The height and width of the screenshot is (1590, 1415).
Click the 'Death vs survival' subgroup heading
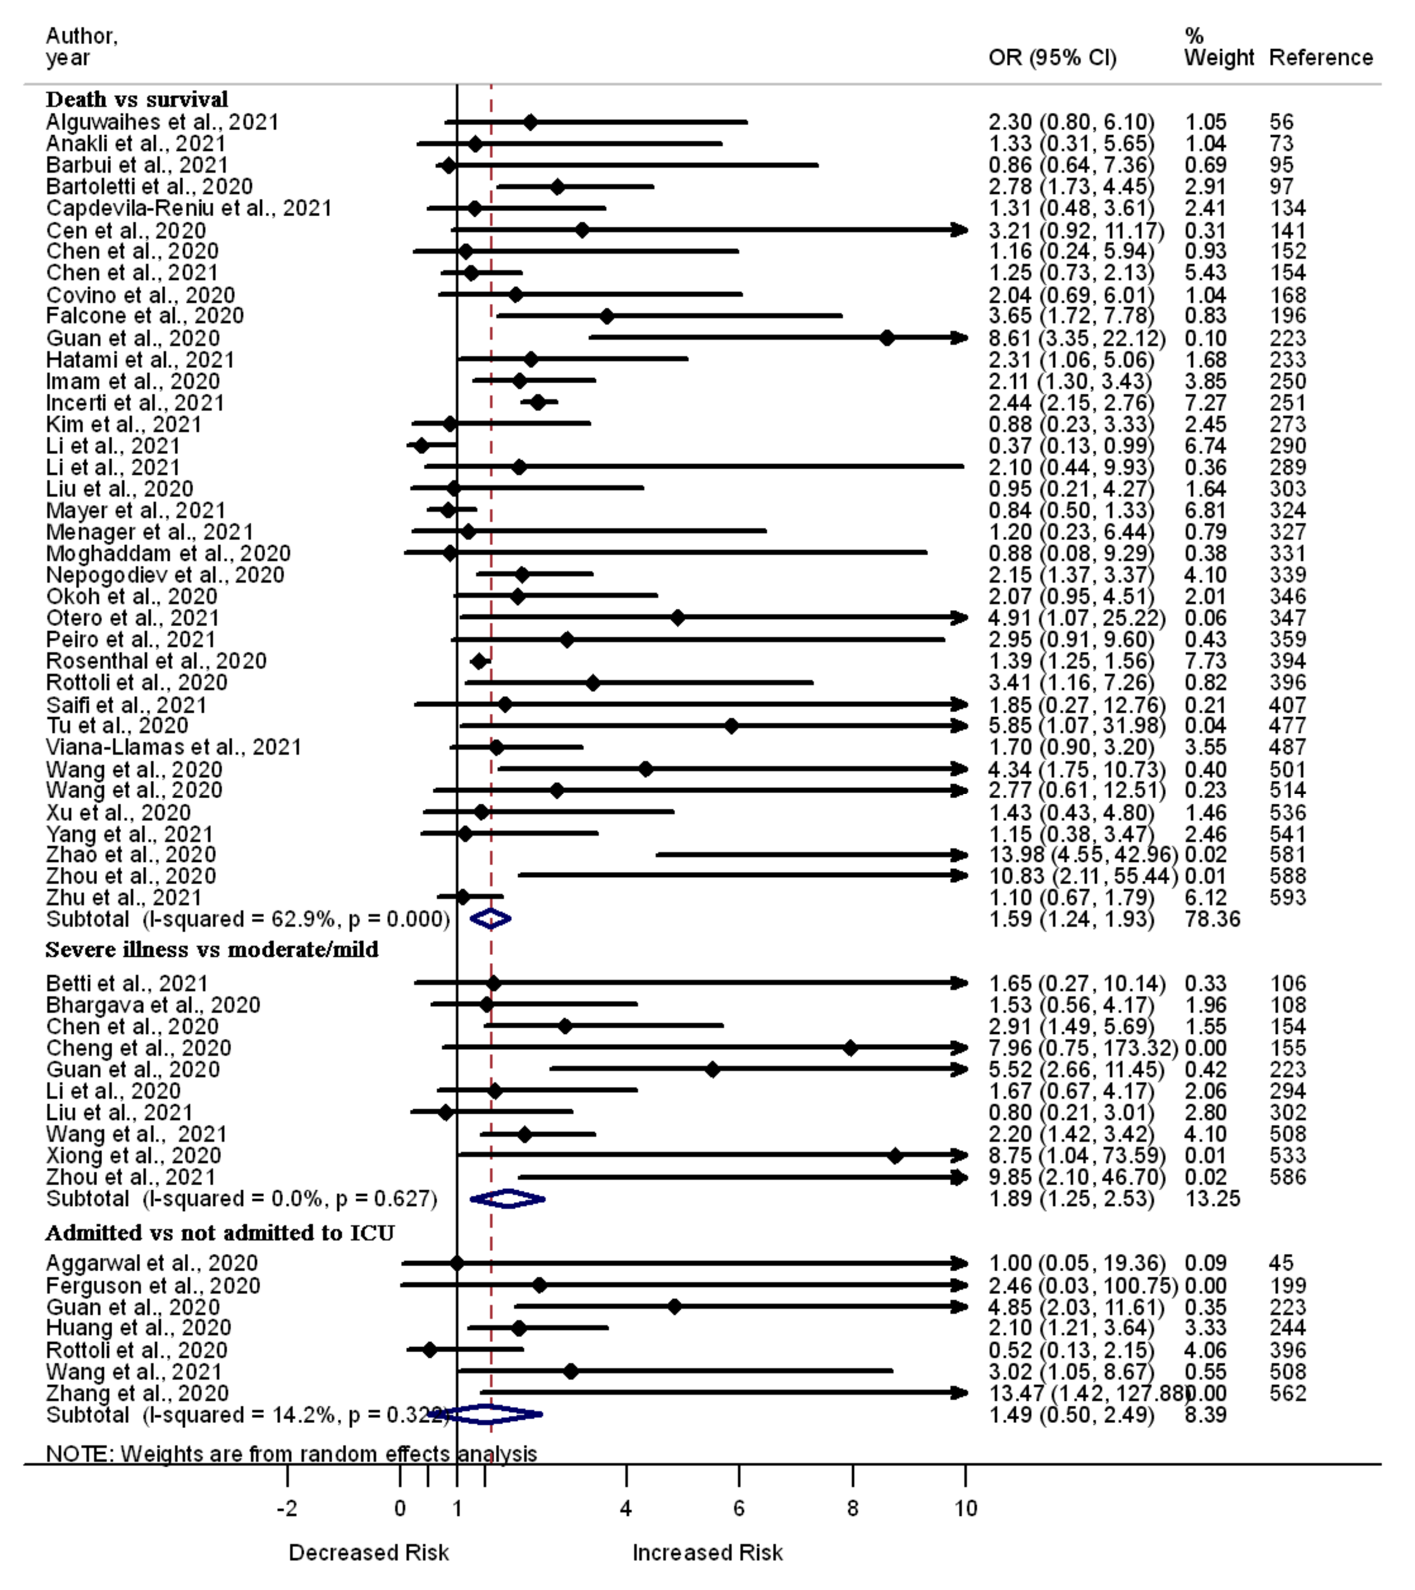[x=137, y=100]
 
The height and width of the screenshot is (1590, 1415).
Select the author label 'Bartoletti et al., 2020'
[x=149, y=187]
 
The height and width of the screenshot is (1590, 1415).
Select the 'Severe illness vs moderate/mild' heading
[x=211, y=950]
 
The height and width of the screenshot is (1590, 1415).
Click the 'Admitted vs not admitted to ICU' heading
[x=220, y=1233]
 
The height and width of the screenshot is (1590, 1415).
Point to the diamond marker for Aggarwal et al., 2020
[x=457, y=1263]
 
